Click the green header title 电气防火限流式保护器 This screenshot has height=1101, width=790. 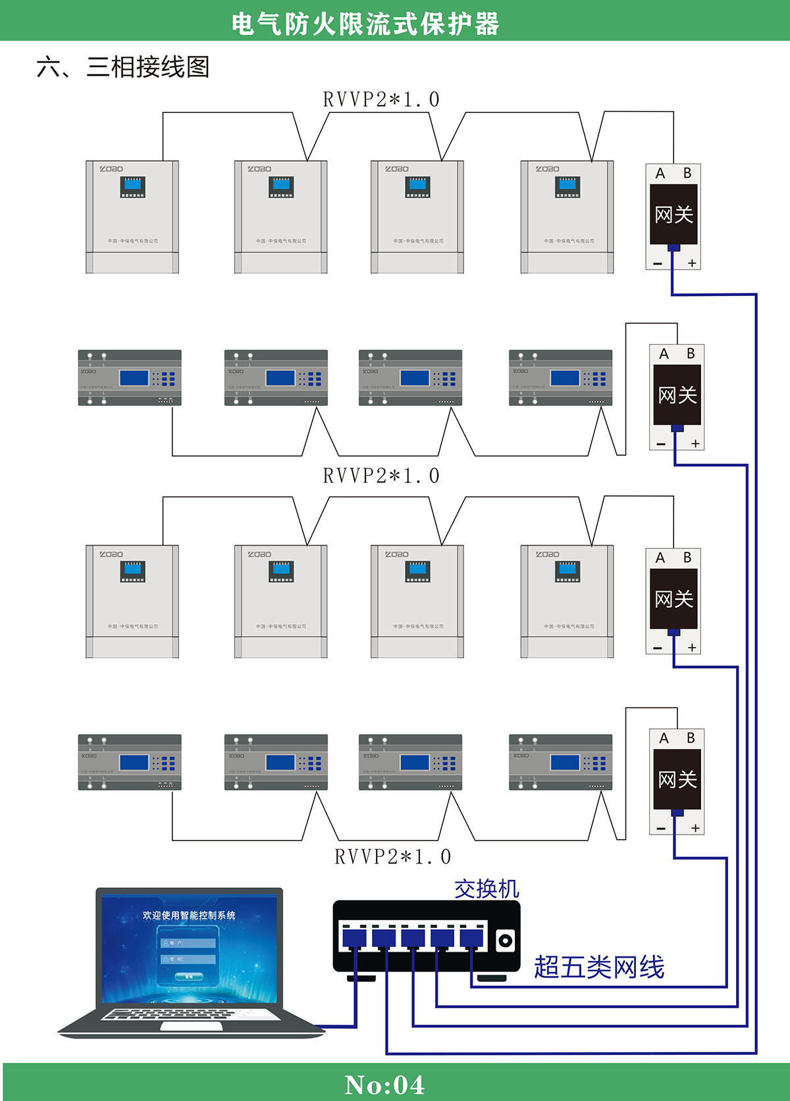coord(365,24)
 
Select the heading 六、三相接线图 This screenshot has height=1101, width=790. coord(123,67)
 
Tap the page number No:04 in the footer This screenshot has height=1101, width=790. coord(385,1085)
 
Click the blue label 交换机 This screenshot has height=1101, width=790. coord(487,889)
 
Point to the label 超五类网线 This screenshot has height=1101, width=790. coord(599,967)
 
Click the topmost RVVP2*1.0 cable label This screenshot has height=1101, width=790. coord(381,100)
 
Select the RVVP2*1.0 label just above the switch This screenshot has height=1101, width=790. coord(392,857)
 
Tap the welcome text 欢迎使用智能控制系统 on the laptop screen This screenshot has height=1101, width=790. coord(189,915)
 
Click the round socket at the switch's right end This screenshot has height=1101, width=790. coord(505,941)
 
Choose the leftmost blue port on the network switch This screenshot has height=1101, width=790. coord(354,937)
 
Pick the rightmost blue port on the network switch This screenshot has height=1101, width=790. coord(471,937)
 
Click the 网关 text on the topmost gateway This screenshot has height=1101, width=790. coord(673,214)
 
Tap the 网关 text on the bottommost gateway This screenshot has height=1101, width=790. coord(677,779)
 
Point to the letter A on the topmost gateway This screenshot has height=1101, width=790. coord(660,174)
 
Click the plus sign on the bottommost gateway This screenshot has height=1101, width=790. coord(695,828)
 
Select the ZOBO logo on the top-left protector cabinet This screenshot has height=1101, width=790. coord(111,169)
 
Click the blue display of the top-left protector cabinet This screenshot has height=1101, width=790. coord(132,185)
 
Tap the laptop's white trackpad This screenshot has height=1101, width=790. coord(186,1026)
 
